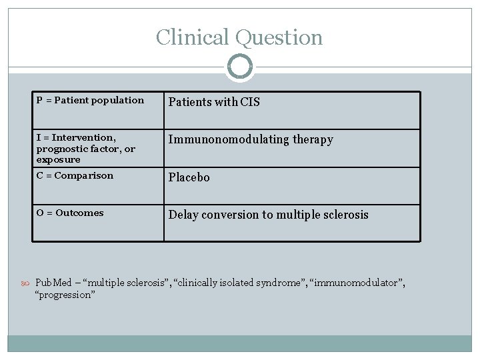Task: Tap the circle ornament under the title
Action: click(239, 67)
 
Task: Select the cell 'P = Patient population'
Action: click(90, 100)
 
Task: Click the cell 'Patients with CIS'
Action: click(214, 102)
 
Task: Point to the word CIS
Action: click(251, 102)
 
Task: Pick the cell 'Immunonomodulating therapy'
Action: click(250, 139)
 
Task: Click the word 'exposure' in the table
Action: click(58, 159)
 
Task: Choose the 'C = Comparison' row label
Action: click(75, 175)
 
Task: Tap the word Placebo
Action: click(189, 177)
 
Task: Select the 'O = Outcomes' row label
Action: click(70, 213)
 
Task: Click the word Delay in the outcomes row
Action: click(183, 215)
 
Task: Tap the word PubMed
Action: click(53, 283)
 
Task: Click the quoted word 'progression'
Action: click(65, 295)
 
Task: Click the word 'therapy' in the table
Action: click(312, 139)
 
